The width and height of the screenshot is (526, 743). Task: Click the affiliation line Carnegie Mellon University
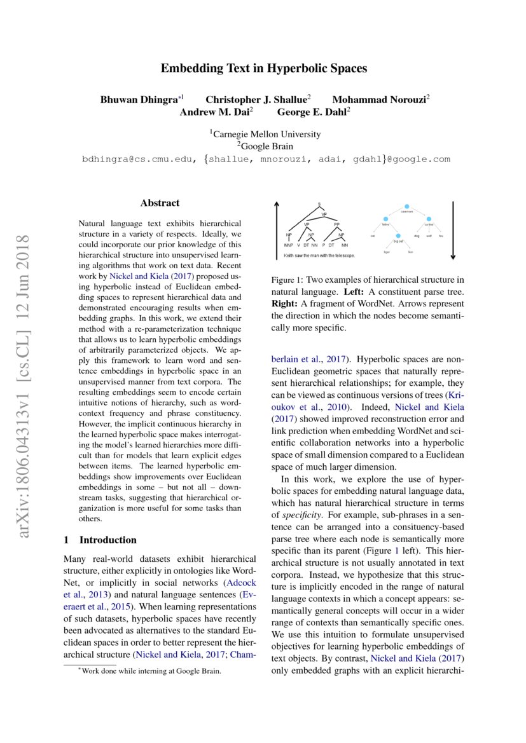point(266,134)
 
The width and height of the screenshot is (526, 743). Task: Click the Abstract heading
point(160,203)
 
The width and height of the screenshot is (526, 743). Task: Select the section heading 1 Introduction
point(100,540)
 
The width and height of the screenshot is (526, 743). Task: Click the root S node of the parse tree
point(319,204)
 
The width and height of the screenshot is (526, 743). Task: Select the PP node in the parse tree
point(336,224)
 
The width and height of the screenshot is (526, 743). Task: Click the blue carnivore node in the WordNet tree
point(406,207)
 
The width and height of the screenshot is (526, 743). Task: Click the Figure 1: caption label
point(287,280)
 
